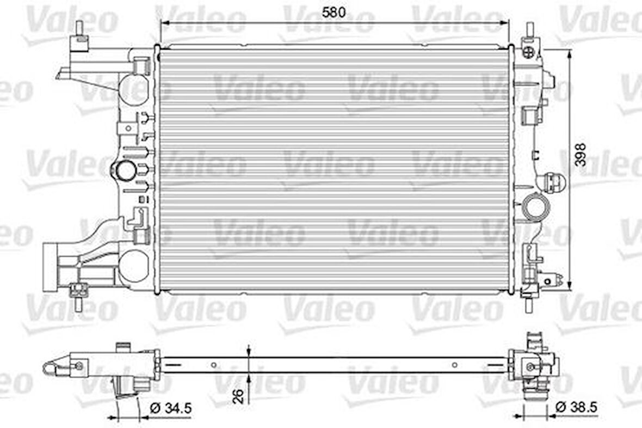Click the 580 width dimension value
point(334,12)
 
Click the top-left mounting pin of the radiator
point(80,30)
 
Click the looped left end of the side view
point(51,369)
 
